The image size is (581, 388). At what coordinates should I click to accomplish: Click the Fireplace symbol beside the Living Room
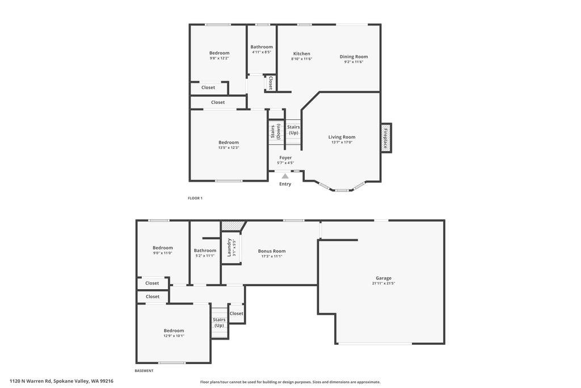[x=386, y=137]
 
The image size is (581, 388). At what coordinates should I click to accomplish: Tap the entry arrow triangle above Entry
[x=285, y=177]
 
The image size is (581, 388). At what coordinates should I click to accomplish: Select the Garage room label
[x=384, y=278]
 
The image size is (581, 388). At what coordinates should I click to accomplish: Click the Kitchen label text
[x=301, y=53]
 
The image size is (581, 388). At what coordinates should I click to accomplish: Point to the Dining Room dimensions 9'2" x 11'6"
[x=353, y=62]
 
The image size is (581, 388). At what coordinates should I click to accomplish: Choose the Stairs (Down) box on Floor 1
[x=275, y=131]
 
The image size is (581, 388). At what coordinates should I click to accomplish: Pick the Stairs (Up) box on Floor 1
[x=293, y=130]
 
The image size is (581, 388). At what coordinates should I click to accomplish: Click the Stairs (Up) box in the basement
[x=219, y=322]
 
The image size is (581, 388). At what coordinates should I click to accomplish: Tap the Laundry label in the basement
[x=229, y=247]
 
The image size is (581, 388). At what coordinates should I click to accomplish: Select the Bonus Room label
[x=272, y=251]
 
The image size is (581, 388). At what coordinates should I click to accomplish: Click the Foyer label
[x=285, y=157]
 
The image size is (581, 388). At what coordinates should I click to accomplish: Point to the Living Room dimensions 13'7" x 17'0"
[x=342, y=143]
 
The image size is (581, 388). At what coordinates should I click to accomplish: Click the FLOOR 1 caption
[x=195, y=198]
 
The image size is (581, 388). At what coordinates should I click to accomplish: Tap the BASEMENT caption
[x=144, y=371]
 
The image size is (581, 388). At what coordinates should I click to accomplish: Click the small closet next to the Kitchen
[x=271, y=83]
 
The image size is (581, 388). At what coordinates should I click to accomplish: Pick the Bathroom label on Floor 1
[x=262, y=47]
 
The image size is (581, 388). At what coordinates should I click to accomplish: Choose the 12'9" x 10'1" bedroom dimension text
[x=174, y=336]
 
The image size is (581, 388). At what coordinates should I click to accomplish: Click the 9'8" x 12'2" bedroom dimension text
[x=219, y=58]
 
